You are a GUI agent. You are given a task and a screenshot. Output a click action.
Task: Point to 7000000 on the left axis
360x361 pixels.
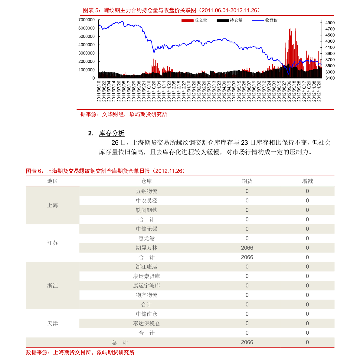pyautogui.click(x=87, y=20)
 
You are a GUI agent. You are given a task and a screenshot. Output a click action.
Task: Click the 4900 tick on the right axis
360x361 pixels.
pyautogui.click(x=330, y=23)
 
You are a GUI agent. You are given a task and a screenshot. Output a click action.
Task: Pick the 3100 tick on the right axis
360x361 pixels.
pyautogui.click(x=330, y=78)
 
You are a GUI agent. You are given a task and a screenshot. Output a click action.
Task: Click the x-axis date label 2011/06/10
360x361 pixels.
pyautogui.click(x=99, y=91)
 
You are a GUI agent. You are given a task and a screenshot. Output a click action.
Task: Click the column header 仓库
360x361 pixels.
pyautogui.click(x=146, y=181)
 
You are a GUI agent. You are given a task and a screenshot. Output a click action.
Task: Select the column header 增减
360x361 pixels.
pyautogui.click(x=307, y=181)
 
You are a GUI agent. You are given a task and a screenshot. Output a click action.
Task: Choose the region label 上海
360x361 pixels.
pyautogui.click(x=52, y=205)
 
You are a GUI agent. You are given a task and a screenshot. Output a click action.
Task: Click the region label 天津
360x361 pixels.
pyautogui.click(x=52, y=323)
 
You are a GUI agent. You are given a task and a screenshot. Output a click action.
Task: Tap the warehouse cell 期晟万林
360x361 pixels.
pyautogui.click(x=146, y=248)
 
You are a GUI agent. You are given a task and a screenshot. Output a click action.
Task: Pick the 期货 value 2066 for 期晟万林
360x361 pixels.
pyautogui.click(x=247, y=248)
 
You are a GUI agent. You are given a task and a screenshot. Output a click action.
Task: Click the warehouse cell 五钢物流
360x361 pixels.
pyautogui.click(x=146, y=191)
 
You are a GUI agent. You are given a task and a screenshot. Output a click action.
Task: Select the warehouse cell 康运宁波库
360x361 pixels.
pyautogui.click(x=146, y=286)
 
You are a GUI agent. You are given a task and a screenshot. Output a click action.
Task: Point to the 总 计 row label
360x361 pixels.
pyautogui.click(x=120, y=342)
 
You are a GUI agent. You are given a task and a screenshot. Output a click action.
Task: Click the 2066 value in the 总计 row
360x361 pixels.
pyautogui.click(x=247, y=342)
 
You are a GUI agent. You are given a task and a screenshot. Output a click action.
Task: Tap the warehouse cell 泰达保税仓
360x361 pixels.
pyautogui.click(x=146, y=323)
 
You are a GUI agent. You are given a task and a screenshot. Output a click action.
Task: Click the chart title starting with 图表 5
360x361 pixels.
pyautogui.click(x=171, y=10)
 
